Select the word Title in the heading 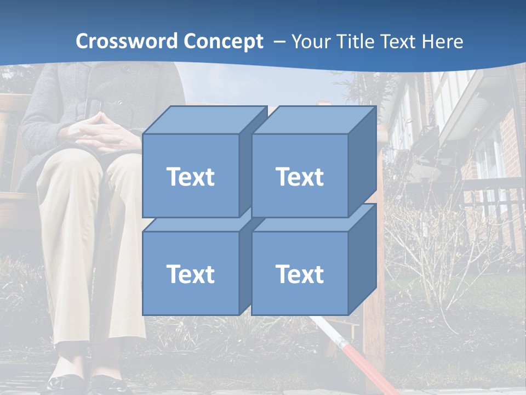357,42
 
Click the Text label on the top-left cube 190,177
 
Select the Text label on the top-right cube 300,177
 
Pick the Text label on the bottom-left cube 190,274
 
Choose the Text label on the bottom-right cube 300,274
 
